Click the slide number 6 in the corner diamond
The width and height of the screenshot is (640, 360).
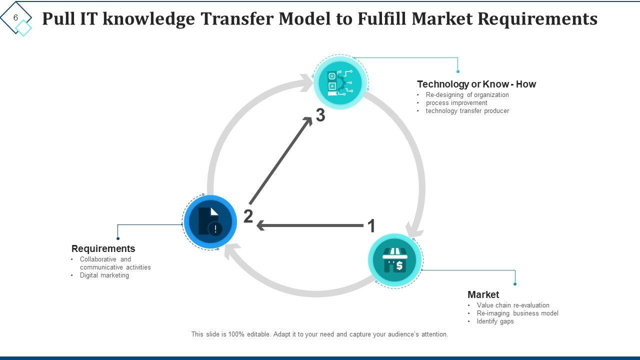point(15,18)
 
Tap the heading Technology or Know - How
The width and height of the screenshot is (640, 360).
point(476,84)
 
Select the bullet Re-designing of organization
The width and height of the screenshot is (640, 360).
point(467,95)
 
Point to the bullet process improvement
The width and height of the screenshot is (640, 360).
point(456,103)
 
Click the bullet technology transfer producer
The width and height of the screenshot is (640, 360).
point(467,111)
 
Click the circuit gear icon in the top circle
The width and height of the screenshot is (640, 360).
point(340,82)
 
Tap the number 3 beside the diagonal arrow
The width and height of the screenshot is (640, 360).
point(320,115)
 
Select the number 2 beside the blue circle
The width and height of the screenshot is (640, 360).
point(248,217)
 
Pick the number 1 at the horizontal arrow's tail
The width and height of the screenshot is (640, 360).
point(371,226)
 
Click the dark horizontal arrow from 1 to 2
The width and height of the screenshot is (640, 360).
point(310,226)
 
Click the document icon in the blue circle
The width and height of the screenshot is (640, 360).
point(209,221)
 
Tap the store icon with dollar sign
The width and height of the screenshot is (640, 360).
point(395,260)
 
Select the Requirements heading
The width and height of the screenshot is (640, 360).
point(103,248)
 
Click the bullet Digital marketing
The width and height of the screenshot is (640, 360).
point(104,275)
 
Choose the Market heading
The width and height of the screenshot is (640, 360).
point(483,294)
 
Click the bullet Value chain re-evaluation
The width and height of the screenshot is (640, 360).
point(512,305)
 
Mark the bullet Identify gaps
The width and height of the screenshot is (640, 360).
point(495,321)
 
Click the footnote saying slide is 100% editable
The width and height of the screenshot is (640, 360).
point(319,334)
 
